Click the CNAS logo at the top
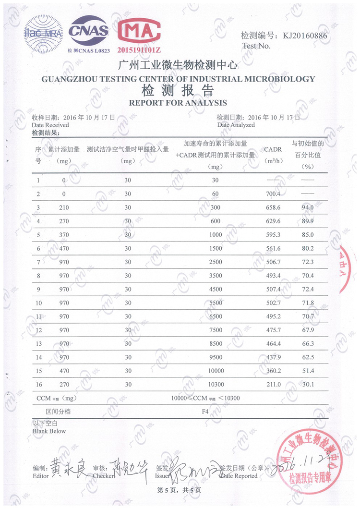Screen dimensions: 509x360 point(89,32)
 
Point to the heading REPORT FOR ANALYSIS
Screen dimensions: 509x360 point(178,103)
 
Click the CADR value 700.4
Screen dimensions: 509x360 point(272,194)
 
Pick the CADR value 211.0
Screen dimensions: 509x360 point(272,385)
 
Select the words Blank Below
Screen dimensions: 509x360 point(49,431)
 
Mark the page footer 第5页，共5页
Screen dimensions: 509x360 point(179,491)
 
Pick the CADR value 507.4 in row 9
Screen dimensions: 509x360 point(272,290)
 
